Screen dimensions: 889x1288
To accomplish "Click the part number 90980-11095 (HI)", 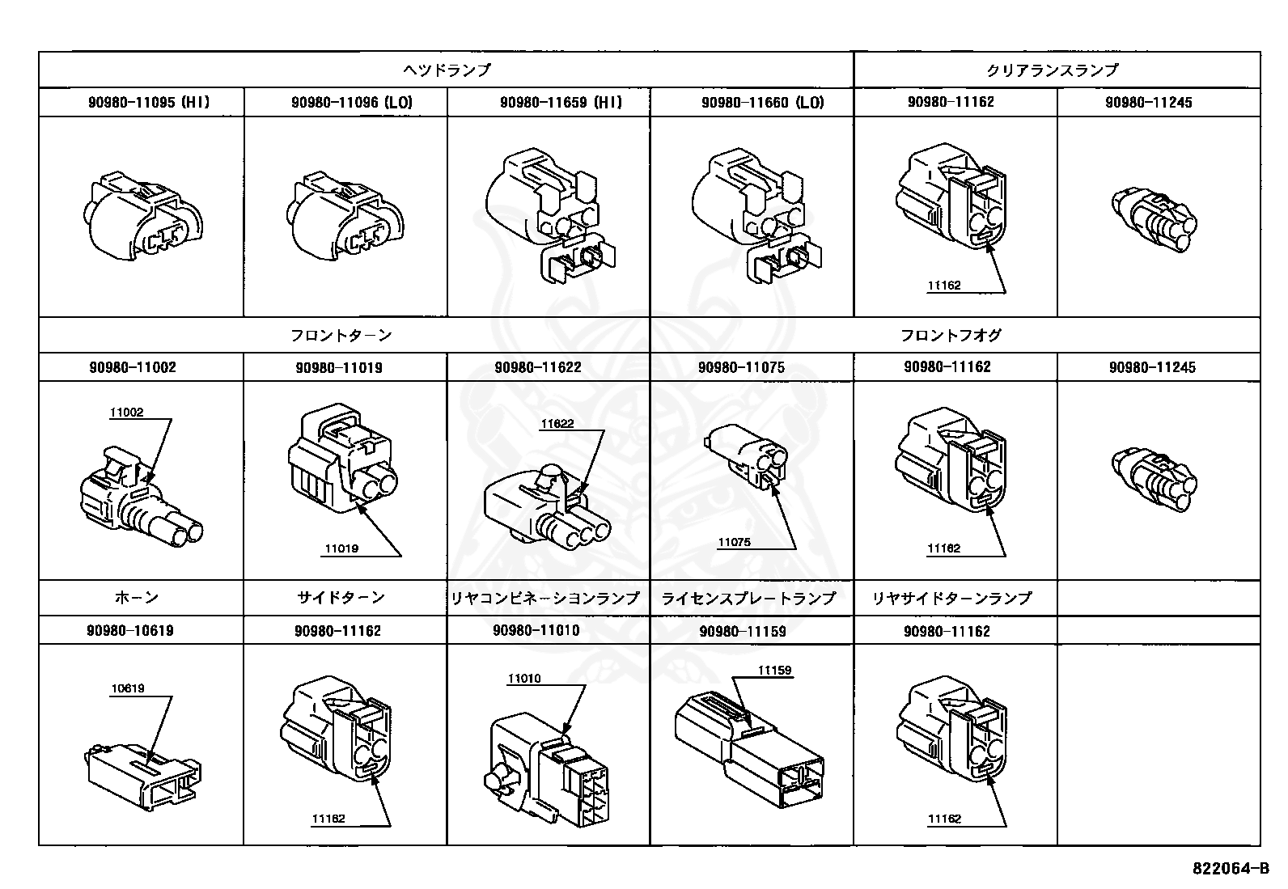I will coord(149,103).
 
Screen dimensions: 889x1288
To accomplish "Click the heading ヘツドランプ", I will coord(447,70).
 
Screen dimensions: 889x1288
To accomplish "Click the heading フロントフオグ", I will coord(951,335).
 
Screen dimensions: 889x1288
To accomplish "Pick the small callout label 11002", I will coord(127,413).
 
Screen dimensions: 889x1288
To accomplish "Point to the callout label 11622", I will coord(557,423).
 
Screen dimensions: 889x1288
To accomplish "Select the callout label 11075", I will coord(734,542).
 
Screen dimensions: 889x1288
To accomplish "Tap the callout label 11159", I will coord(774,671).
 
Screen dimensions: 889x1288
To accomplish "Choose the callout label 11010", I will coord(524,679).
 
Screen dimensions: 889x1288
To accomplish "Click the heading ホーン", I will coord(137,598).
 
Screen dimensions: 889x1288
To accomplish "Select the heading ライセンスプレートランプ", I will coord(748,598).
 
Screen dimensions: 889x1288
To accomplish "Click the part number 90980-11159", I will coord(743,631).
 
